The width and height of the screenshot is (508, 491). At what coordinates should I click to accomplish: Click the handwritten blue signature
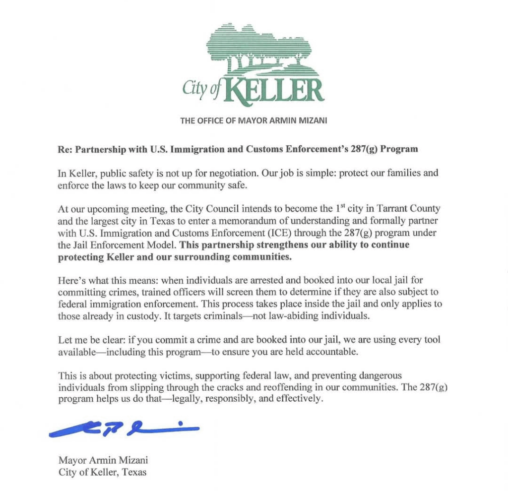(x=124, y=430)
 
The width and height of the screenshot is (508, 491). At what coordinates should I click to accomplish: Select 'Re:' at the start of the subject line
(x=65, y=149)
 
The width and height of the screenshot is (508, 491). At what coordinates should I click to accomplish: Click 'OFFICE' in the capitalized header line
(x=212, y=121)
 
